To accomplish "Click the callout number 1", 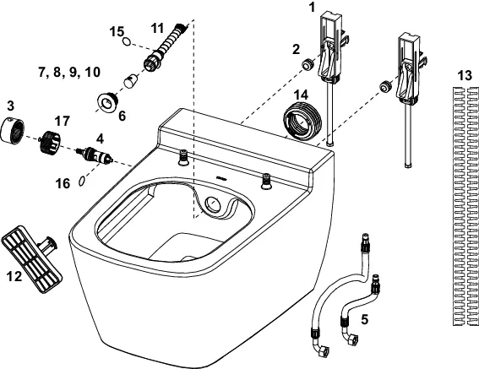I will pos(313,7).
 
